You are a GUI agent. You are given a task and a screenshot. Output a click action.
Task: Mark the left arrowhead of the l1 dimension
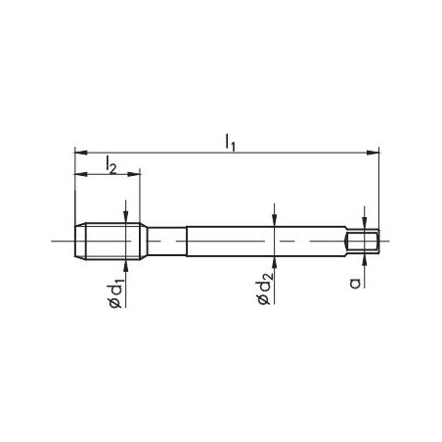(79, 152)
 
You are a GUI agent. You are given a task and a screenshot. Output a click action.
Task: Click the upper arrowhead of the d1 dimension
(125, 218)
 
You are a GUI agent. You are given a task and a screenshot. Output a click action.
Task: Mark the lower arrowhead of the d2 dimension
(276, 261)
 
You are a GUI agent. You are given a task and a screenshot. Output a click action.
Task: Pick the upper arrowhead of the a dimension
(363, 224)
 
